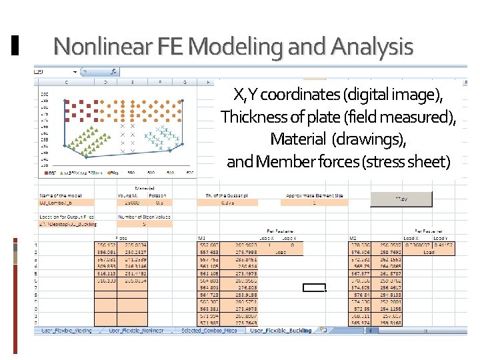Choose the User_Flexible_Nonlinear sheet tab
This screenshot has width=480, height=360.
140,331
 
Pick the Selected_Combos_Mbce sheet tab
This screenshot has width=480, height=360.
210,331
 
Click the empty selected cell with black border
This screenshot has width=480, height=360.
313,288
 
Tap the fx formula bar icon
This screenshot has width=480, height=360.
113,71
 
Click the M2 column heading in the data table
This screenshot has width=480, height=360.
353,238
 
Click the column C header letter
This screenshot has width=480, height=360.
67,83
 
